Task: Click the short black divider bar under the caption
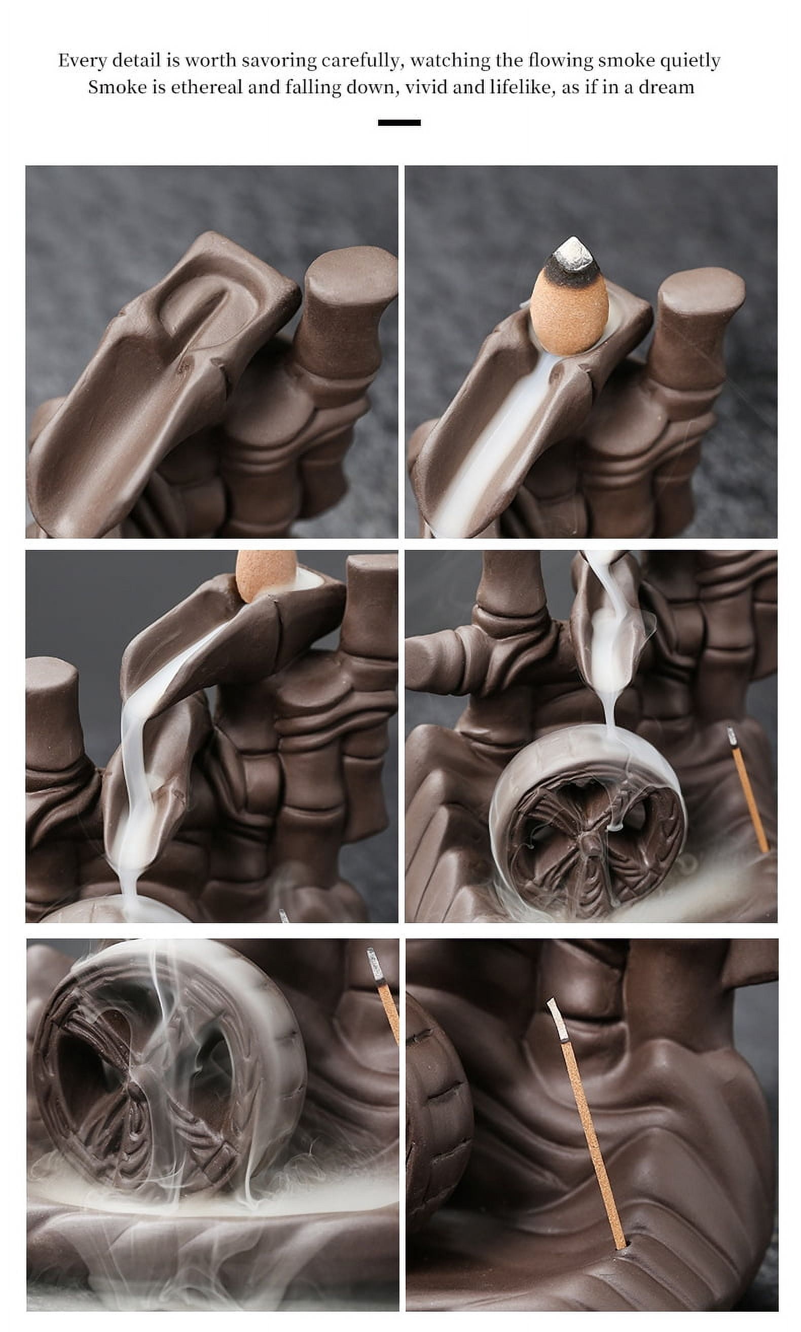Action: coord(399,123)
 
